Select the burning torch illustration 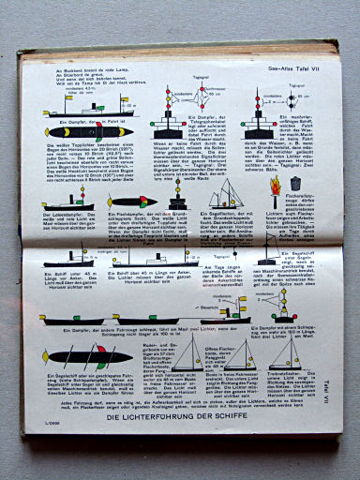[274, 194]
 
